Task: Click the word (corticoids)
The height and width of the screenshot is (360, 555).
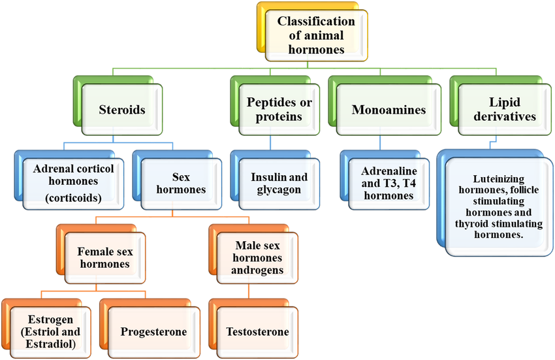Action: coord(73,197)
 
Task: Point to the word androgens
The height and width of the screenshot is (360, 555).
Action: coord(257,270)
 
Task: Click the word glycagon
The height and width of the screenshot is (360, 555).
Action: coord(279,190)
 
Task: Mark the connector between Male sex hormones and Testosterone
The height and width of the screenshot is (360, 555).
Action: coord(249,291)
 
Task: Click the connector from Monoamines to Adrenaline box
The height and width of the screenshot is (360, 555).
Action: coord(380,142)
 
